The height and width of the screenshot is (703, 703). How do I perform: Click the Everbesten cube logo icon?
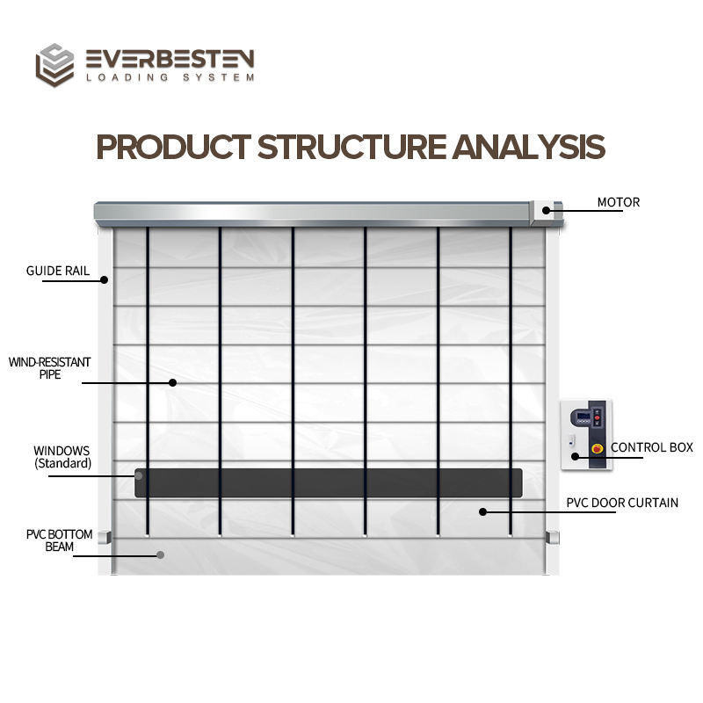click(x=54, y=66)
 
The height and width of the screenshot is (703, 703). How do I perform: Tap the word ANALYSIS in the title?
click(x=529, y=147)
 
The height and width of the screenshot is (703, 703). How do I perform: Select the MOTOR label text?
click(x=619, y=203)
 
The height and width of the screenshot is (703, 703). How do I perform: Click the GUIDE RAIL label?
click(x=57, y=271)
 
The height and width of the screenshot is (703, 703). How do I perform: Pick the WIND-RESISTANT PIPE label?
click(x=49, y=368)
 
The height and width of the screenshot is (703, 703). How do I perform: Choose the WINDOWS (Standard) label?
click(x=62, y=456)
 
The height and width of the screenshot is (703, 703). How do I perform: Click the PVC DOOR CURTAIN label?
click(x=622, y=504)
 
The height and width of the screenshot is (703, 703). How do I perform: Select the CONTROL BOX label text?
click(x=652, y=447)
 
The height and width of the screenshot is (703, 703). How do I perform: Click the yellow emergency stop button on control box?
click(x=598, y=448)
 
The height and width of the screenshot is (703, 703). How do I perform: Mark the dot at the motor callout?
click(x=547, y=210)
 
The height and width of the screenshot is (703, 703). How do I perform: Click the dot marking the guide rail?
click(x=104, y=280)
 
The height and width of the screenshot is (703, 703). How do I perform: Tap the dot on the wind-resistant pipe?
click(x=172, y=382)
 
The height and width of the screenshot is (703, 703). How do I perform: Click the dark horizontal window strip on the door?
click(x=330, y=482)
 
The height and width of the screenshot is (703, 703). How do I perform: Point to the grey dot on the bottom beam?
click(x=160, y=554)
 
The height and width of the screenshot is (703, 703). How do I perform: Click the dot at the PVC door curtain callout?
click(x=482, y=511)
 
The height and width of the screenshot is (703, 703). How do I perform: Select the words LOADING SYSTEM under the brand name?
click(x=170, y=77)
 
